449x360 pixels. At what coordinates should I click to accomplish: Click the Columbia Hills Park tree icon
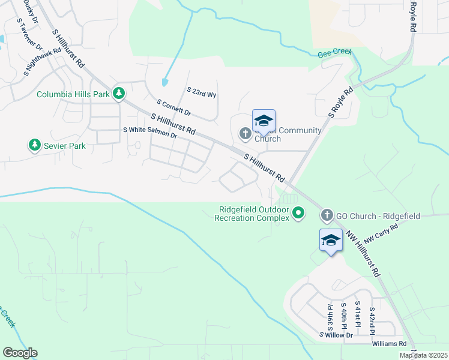point(119,93)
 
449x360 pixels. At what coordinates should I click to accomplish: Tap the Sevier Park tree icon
point(34,145)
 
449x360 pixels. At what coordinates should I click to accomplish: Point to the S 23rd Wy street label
point(202,92)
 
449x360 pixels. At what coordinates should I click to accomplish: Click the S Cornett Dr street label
point(173,108)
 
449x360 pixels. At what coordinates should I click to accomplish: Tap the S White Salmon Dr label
point(150,133)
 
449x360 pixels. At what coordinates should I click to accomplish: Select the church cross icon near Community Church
point(245,133)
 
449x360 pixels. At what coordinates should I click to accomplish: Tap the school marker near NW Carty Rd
point(331,241)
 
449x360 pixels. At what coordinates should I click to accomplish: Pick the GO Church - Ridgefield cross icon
point(327,215)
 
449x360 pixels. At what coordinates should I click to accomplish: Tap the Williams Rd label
point(389,344)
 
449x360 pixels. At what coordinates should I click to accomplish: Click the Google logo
point(20,353)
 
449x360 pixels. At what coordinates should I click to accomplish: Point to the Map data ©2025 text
point(423,355)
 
